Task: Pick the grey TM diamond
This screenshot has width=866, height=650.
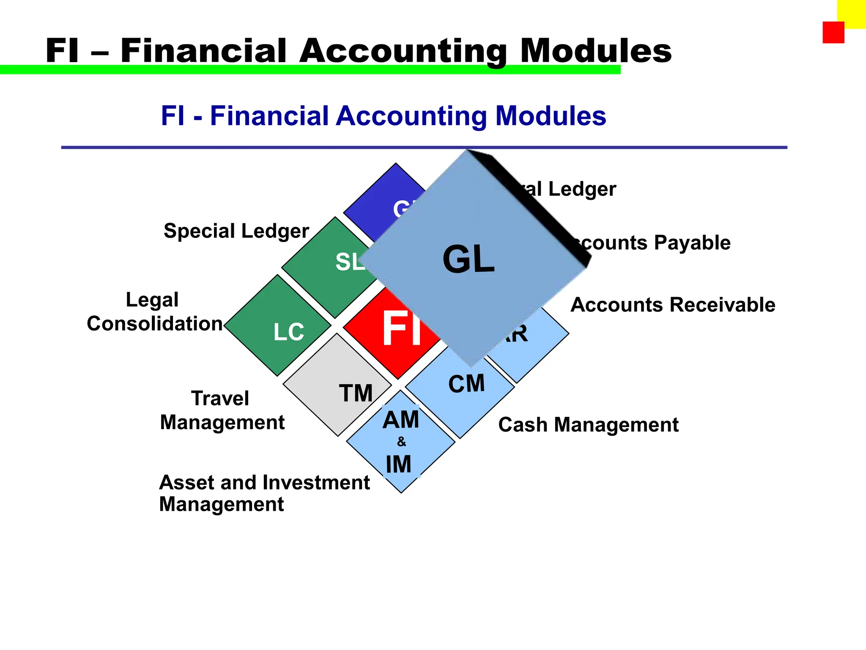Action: tap(338, 385)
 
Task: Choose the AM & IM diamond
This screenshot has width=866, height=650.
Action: tap(400, 442)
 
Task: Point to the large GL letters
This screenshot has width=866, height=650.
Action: tap(468, 259)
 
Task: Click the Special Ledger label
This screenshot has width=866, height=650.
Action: tap(236, 231)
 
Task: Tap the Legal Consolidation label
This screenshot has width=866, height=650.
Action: tap(154, 312)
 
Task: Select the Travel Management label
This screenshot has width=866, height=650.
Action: tap(222, 410)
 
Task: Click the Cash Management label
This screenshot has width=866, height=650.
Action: tap(588, 424)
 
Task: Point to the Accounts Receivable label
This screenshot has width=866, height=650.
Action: tap(673, 305)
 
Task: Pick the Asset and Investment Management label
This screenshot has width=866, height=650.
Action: tap(264, 493)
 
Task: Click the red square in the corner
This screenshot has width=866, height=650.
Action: tap(833, 33)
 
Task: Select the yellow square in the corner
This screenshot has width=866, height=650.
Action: tap(852, 13)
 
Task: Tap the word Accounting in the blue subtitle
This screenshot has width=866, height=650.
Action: tap(411, 116)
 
